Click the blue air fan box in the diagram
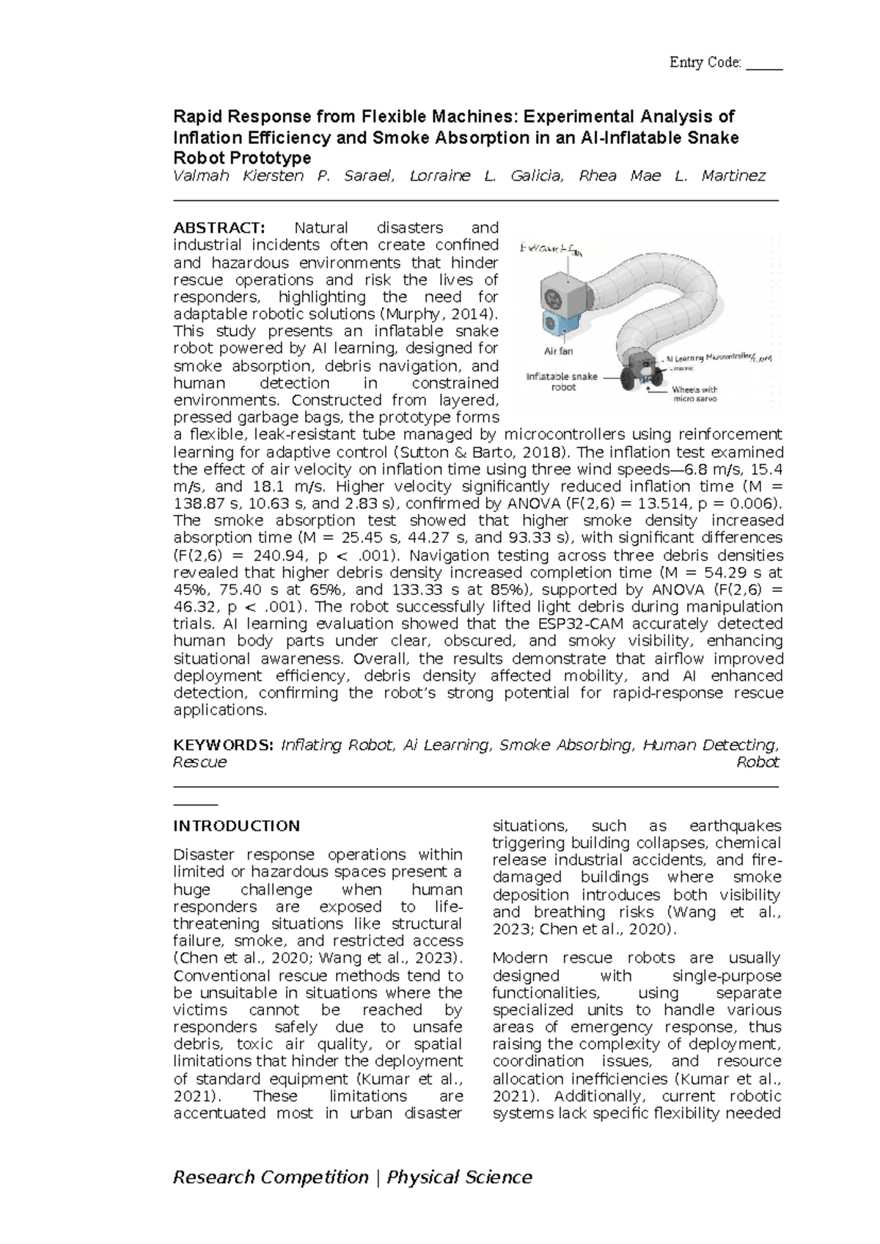(558, 323)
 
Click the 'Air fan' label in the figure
(558, 351)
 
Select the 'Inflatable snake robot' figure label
(562, 381)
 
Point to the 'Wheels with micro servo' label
(694, 395)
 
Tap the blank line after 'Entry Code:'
(764, 64)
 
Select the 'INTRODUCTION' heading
(236, 826)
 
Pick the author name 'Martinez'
(733, 176)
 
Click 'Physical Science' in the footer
(460, 1177)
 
